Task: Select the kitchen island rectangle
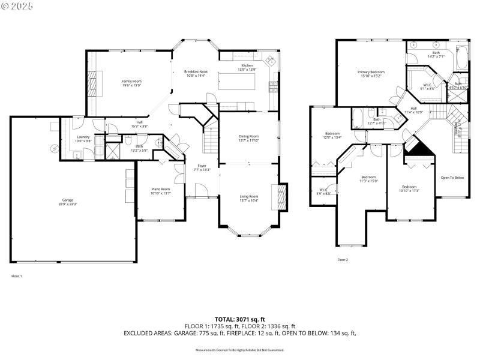236,82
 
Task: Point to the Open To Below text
452,178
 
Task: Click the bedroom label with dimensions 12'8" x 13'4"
333,135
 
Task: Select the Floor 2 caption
343,260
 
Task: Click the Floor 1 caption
17,276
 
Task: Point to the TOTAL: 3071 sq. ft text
240,319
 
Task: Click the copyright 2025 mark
17,5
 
